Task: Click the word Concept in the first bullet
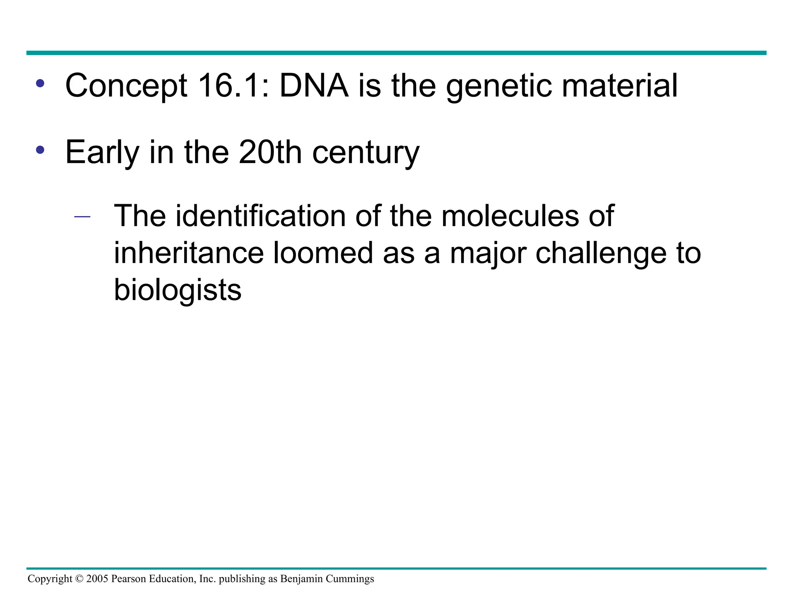[126, 86]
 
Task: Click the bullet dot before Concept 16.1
[40, 83]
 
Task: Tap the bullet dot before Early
[40, 150]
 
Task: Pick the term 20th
[270, 152]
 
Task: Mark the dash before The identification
[82, 217]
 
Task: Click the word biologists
[177, 291]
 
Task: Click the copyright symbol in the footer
[79, 579]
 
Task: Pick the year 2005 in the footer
[97, 579]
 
